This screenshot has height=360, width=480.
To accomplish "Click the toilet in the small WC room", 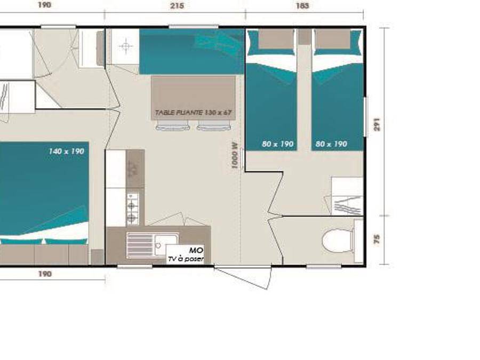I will [338, 240].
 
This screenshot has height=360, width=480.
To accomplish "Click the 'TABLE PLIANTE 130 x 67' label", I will [193, 113].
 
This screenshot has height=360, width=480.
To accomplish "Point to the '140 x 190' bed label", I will [66, 151].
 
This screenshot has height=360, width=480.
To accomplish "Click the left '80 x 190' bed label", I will [278, 143].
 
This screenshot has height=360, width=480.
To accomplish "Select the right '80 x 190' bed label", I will [331, 143].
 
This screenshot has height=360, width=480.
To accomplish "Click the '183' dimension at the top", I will [301, 6].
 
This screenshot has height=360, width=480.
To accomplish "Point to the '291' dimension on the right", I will [378, 124].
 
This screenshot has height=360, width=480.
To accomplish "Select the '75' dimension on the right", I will [377, 239].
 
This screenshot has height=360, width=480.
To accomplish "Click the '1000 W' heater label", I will [235, 155].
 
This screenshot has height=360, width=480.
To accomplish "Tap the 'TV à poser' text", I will [186, 259].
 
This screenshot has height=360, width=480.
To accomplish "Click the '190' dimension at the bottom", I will [45, 274].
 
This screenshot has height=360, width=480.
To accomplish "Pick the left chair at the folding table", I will [172, 126].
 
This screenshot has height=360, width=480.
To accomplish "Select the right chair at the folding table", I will [213, 126].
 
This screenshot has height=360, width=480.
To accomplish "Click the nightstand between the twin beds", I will [304, 36].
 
